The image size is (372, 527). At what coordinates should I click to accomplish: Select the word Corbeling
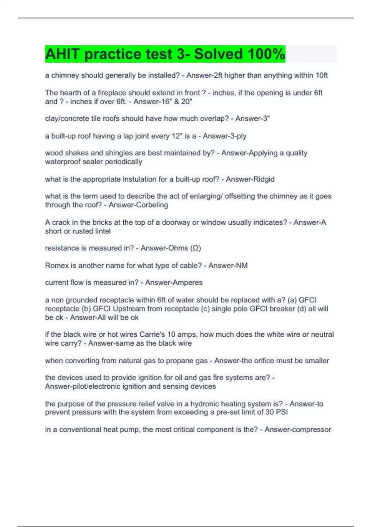153,205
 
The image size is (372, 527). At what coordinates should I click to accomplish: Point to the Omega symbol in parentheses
196,248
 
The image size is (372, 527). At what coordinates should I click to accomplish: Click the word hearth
73,93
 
